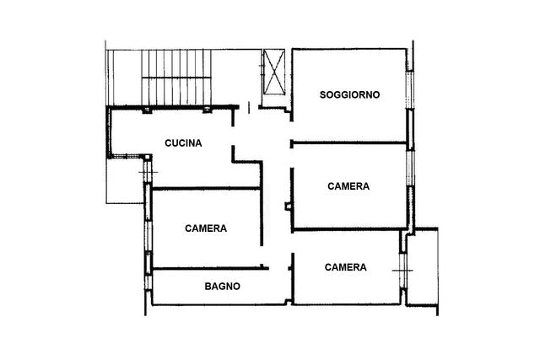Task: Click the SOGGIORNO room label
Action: coord(349,94)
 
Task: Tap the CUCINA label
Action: coord(183,143)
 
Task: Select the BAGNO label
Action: coord(223,287)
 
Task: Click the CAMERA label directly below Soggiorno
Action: coord(348,186)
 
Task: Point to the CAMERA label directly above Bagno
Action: coord(206,228)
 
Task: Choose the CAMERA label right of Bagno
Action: coord(345,267)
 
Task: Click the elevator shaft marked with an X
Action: coord(274,72)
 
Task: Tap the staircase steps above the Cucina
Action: coord(176,77)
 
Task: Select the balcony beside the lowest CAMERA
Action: coord(423,266)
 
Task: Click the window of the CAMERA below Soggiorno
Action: coord(409,169)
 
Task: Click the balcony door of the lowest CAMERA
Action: coord(403,271)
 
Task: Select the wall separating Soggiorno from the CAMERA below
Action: coord(349,142)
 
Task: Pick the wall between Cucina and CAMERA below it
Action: coord(206,188)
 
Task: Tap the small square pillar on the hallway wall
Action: coord(288,207)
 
